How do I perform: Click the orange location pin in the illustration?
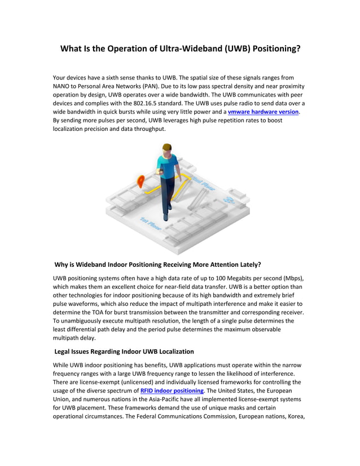click(x=141, y=181)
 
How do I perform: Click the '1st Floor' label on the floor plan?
click(x=151, y=223)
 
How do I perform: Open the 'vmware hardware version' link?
click(x=263, y=112)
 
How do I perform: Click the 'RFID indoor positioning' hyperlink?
click(x=172, y=390)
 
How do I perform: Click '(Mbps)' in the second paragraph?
click(x=293, y=278)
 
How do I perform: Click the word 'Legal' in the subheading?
click(x=65, y=351)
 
